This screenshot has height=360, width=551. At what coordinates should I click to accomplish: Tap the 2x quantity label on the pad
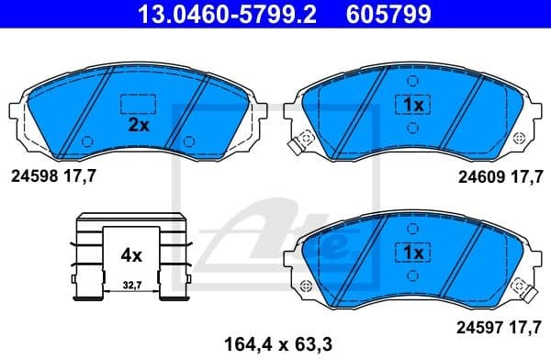click(139, 126)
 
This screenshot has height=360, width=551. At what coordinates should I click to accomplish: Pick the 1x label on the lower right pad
click(412, 251)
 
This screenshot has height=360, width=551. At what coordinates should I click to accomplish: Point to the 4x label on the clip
click(132, 253)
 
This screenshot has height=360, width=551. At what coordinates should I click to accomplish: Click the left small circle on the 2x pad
click(88, 141)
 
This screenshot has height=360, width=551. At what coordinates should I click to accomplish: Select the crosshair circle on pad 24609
click(520, 137)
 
